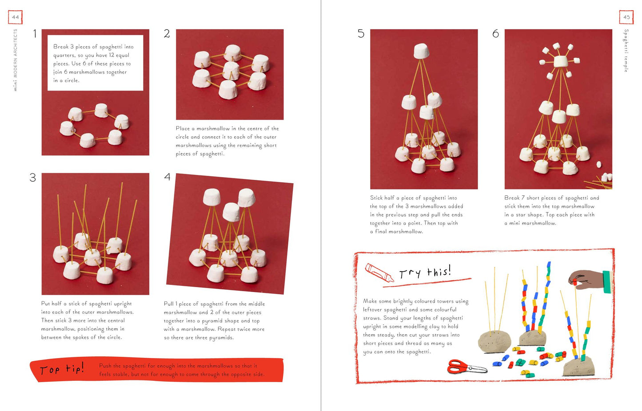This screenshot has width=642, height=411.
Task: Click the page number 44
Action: click(15, 17)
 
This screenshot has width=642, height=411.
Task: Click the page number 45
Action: click(626, 17)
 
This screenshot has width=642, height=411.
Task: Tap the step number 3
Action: click(33, 178)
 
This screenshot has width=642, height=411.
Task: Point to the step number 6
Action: click(495, 34)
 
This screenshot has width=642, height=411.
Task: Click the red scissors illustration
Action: click(467, 367)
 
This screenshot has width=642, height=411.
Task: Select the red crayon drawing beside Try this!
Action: click(379, 273)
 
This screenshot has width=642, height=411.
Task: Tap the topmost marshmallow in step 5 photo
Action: click(421, 51)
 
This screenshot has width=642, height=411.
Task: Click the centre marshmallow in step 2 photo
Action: click(231, 71)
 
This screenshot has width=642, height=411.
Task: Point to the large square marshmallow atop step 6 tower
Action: click(560, 61)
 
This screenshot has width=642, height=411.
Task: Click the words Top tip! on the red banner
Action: click(62, 368)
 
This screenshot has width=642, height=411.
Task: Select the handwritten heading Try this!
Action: click(425, 272)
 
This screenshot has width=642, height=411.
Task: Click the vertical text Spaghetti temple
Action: click(626, 51)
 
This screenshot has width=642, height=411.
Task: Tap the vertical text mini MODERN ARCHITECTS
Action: click(16, 60)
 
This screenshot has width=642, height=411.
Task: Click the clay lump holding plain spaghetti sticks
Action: click(494, 342)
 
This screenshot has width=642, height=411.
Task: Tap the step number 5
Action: click(361, 34)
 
